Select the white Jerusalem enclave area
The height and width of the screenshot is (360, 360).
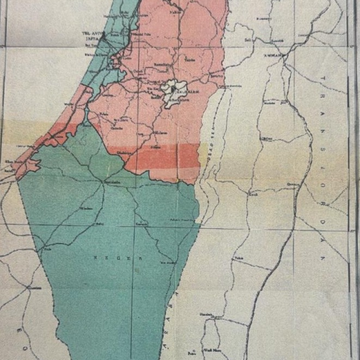tap(173, 92)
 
